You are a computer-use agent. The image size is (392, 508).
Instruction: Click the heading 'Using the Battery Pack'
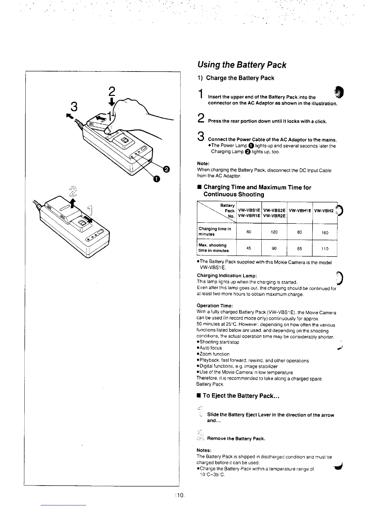[241, 65]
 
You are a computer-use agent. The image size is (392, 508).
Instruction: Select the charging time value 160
[325, 233]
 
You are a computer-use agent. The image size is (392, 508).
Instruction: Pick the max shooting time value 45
[249, 248]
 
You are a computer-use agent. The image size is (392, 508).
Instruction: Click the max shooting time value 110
[325, 249]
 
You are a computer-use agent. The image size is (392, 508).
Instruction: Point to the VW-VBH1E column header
[300, 210]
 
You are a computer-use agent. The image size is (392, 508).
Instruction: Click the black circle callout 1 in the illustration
[156, 179]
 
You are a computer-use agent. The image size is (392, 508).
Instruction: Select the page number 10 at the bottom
[179, 495]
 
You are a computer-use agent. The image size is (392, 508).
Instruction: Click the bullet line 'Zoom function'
[214, 354]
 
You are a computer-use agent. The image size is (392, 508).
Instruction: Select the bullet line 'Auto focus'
[210, 348]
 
